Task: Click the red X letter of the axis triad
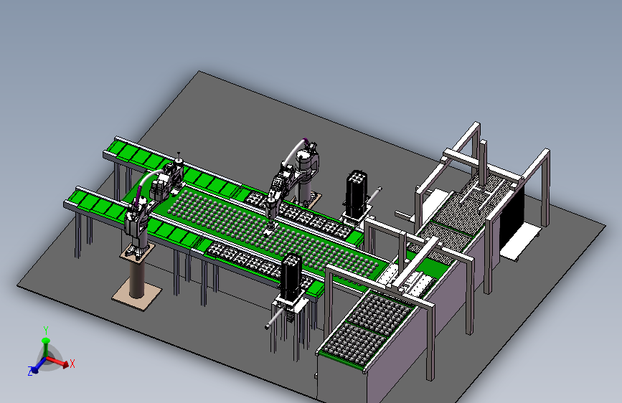coord(72,364)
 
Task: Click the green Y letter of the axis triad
coord(46,330)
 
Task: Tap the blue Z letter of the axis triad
coord(30,371)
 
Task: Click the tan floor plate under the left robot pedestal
coord(136,295)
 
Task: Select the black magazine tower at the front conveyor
coord(291,277)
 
